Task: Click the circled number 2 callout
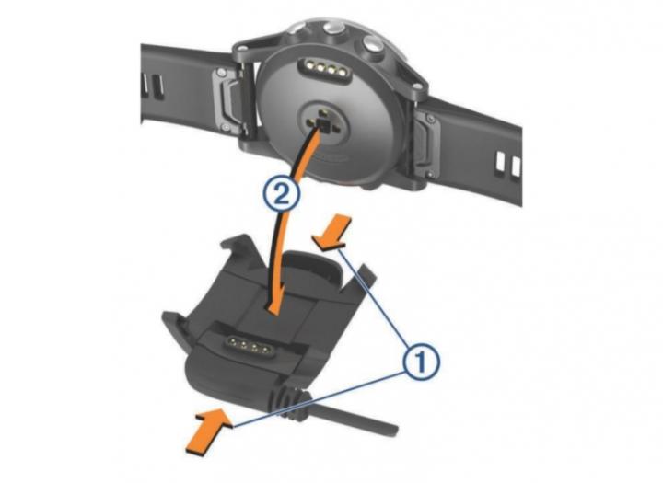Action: pos(283,195)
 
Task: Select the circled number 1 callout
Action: pos(422,362)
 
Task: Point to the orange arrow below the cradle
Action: pos(209,432)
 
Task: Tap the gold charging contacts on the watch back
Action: pos(325,67)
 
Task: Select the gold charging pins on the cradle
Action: pos(249,346)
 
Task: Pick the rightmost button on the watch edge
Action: pos(373,43)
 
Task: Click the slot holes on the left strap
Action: pos(153,86)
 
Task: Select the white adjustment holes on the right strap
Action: pos(508,164)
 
